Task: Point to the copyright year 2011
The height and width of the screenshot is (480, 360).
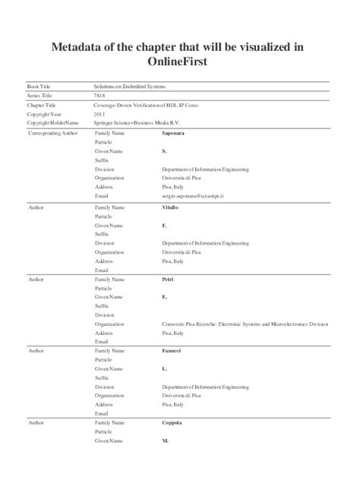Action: click(99, 114)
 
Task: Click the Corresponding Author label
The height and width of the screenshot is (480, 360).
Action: click(52, 133)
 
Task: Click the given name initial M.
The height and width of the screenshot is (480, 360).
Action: click(165, 441)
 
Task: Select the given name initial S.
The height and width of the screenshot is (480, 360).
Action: click(164, 151)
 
